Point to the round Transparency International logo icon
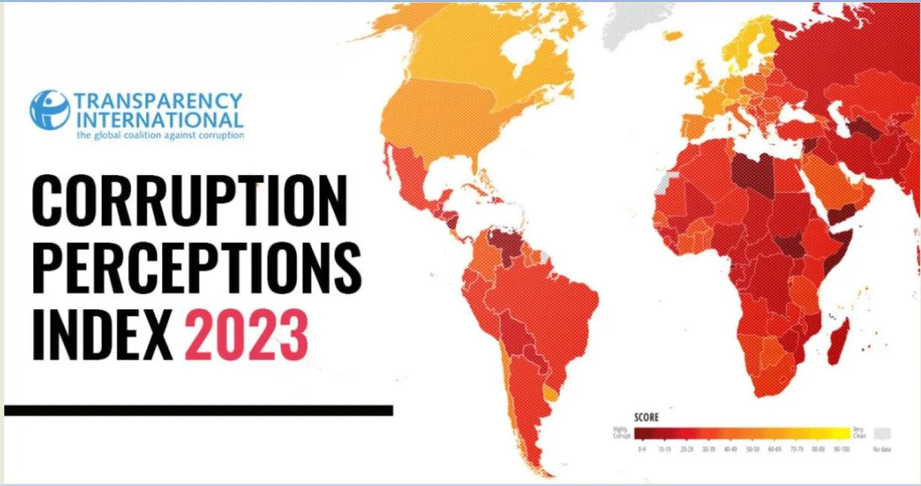coord(50,110)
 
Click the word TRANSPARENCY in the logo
coord(158,101)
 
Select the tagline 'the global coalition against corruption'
coord(160,134)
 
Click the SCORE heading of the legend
coord(646,418)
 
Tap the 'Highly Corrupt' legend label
coord(622,433)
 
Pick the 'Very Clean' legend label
coord(859,433)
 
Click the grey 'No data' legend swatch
coord(882,433)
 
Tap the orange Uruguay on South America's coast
coord(551,394)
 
